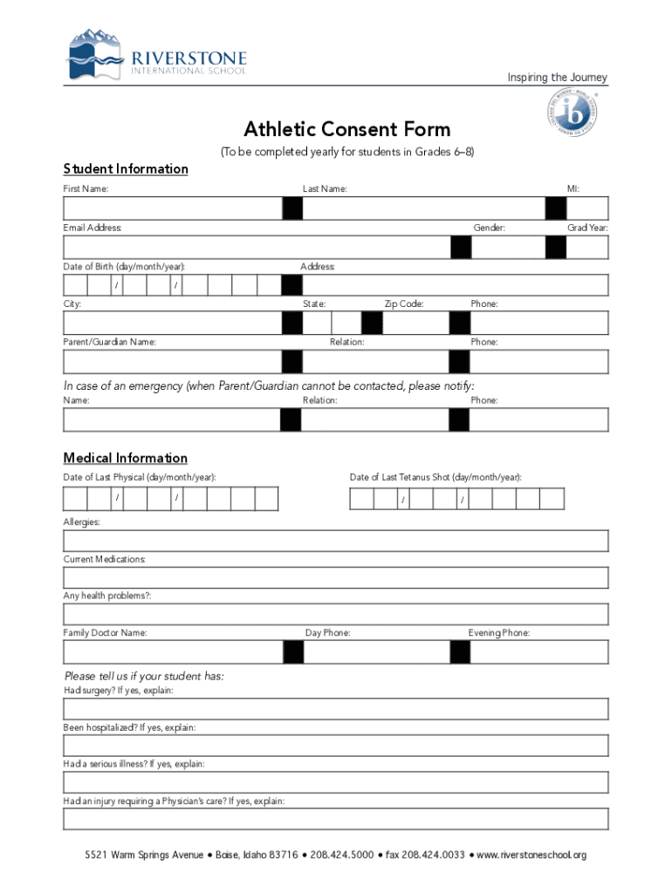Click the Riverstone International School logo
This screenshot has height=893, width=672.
point(157,55)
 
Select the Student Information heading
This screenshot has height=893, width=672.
point(126,168)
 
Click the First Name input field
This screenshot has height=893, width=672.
point(172,208)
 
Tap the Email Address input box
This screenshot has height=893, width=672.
point(255,247)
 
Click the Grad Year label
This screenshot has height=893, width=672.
point(587,228)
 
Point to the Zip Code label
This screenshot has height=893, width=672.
point(404,304)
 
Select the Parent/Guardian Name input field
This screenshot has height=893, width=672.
point(172,361)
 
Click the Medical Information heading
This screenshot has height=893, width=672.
point(126,458)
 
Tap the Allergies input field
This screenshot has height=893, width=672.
point(336,541)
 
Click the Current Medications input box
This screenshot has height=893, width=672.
point(336,578)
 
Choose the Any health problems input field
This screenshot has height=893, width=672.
point(336,615)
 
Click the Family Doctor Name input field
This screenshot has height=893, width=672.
point(172,652)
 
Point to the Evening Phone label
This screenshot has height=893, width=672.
point(499,633)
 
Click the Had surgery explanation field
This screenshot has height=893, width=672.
point(336,709)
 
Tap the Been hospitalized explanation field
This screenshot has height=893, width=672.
point(336,746)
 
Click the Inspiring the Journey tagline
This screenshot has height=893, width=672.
point(558,78)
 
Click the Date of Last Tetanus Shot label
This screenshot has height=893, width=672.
point(436,478)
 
